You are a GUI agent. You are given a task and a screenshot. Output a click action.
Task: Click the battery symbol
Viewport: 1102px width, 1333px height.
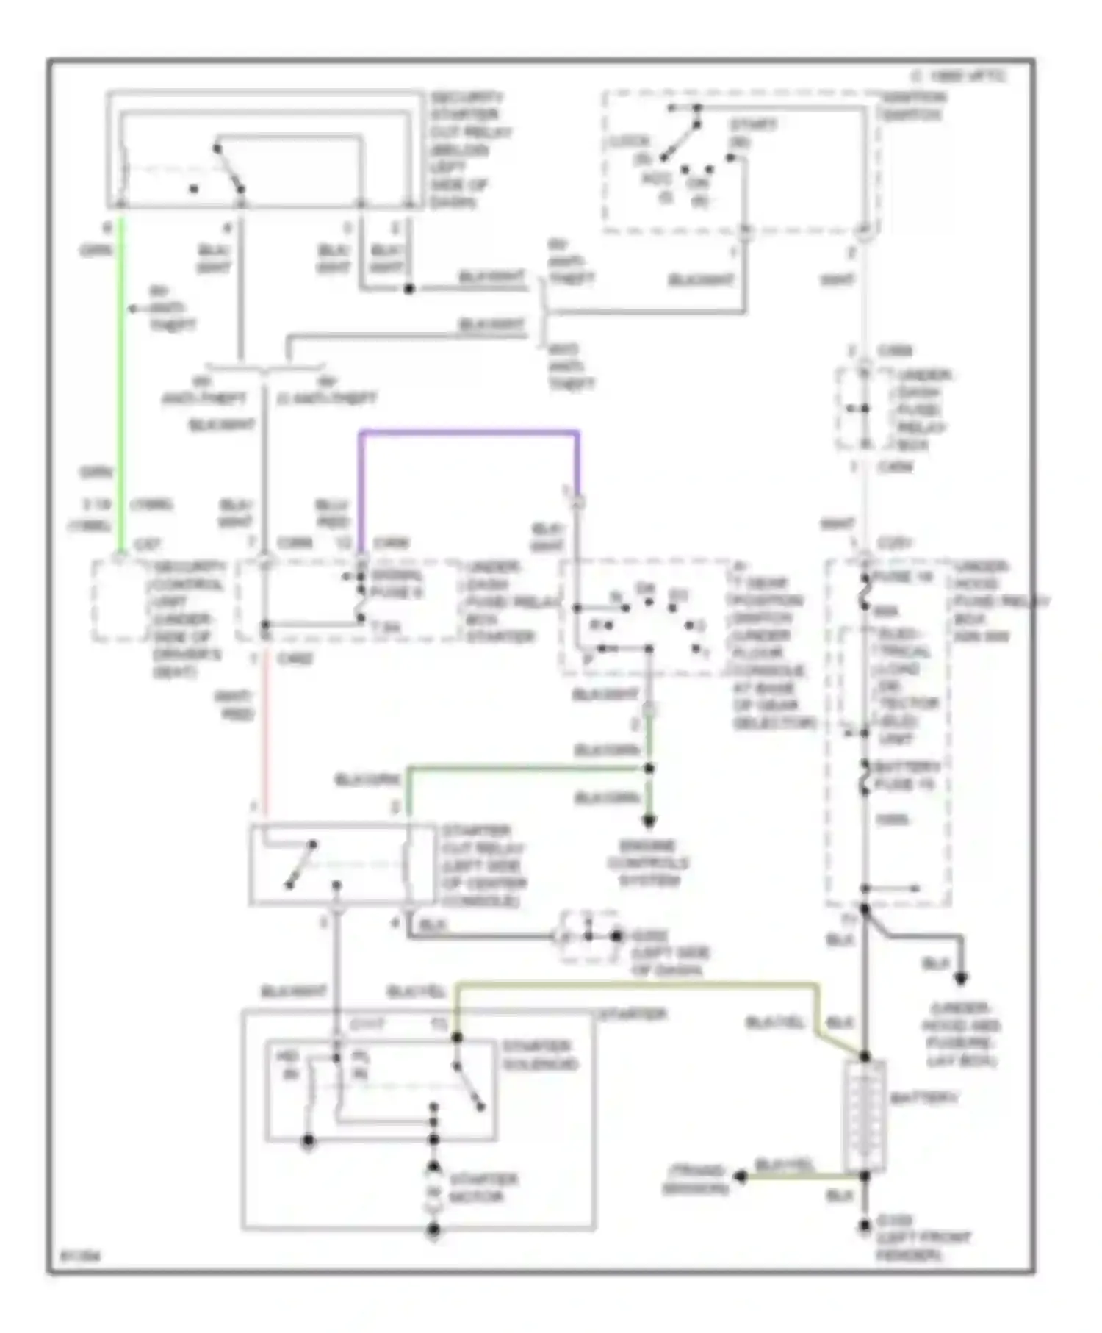[x=865, y=1115]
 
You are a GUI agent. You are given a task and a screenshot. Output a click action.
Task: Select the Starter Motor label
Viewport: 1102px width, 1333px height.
[x=483, y=1188]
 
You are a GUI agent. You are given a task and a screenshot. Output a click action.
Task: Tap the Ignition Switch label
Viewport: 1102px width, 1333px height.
[x=913, y=106]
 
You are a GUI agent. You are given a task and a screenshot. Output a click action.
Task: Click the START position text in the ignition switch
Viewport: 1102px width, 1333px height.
[x=752, y=132]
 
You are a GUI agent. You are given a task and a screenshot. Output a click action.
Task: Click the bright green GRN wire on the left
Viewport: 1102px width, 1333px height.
[x=121, y=382]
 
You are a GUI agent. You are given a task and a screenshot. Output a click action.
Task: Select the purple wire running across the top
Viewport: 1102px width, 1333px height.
[x=470, y=433]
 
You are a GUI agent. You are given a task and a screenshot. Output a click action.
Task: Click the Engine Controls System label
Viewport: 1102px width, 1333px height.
[x=647, y=863]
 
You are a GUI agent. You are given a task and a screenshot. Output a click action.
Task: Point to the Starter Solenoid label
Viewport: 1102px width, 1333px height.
[x=541, y=1055]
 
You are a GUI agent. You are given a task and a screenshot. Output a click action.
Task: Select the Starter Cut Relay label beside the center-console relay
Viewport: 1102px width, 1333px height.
[x=483, y=866]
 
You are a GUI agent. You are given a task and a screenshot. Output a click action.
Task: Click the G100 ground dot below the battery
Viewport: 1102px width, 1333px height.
[x=865, y=1227]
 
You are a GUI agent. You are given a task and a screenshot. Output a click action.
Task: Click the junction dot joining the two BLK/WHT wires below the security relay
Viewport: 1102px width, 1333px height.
[x=409, y=289]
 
